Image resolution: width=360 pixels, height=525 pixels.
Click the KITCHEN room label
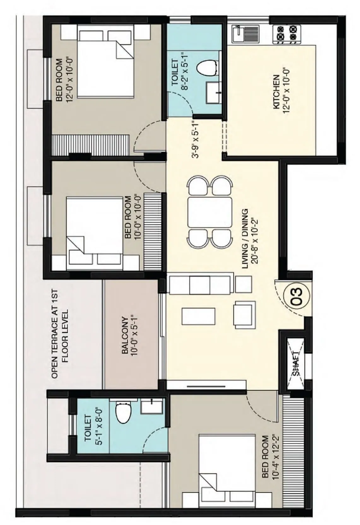pyautogui.click(x=276, y=92)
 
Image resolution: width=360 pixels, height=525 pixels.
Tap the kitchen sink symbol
pyautogui.click(x=245, y=34)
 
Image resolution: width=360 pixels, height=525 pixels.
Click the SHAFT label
pyautogui.click(x=296, y=363)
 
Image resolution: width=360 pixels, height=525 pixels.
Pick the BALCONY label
pyautogui.click(x=125, y=335)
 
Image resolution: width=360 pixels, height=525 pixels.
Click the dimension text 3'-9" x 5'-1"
pyautogui.click(x=196, y=139)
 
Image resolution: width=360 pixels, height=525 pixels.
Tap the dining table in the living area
pyautogui.click(x=210, y=212)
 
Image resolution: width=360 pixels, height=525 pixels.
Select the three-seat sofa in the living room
pyautogui.click(x=200, y=284)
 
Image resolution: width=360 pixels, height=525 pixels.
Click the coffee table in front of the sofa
pyautogui.click(x=198, y=316)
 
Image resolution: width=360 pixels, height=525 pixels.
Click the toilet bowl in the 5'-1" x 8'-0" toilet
pyautogui.click(x=123, y=412)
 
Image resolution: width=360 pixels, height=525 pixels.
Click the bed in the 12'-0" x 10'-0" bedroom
pyautogui.click(x=106, y=65)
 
